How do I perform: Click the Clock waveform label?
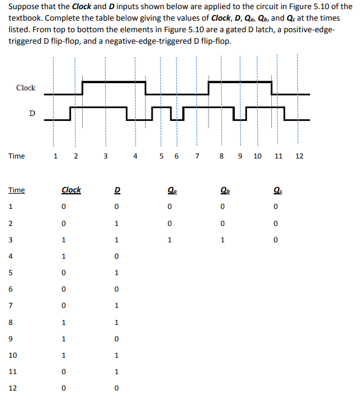26,88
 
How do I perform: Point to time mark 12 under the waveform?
299,156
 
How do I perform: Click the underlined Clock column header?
71,190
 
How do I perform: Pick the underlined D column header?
117,190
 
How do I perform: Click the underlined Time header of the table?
16,190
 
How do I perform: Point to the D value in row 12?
117,387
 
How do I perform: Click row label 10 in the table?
12,355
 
